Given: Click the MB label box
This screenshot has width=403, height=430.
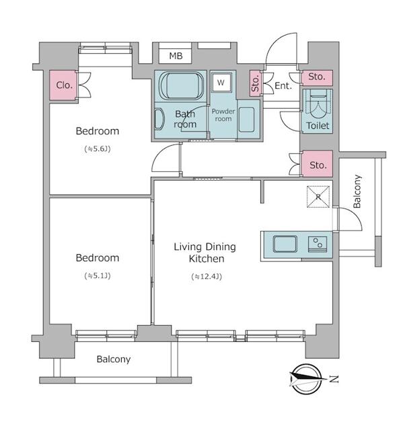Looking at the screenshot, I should click(176, 56).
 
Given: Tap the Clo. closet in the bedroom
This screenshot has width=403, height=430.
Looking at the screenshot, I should click(65, 85).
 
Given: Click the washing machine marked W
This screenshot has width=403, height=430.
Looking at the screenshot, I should click(220, 83).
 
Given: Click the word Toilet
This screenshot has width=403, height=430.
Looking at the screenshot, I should click(317, 126).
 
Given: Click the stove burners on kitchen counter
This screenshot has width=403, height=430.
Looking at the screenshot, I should click(316, 243).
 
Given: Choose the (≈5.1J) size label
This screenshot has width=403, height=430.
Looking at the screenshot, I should click(97, 275).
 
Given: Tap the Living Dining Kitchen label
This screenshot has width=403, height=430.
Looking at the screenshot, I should click(205, 253).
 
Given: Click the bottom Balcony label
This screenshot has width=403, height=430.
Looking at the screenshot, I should click(113, 359).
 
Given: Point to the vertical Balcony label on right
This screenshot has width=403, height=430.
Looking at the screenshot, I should click(357, 191).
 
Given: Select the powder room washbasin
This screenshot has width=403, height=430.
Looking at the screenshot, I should click(246, 119).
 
